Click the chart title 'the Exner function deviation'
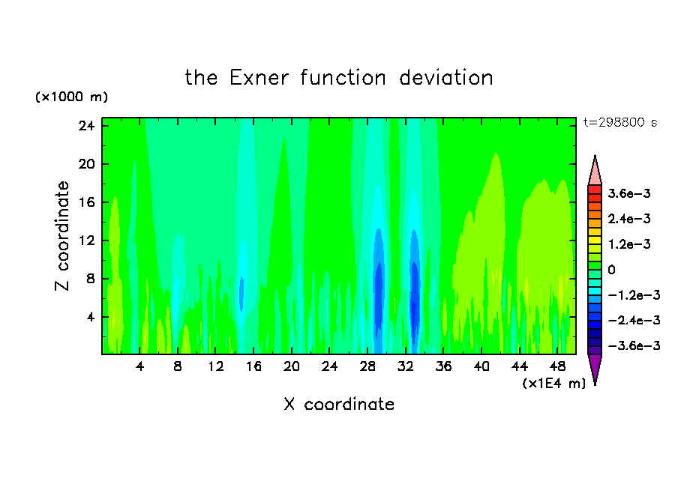click(339, 78)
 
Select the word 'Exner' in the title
click(259, 78)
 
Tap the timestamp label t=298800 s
click(620, 123)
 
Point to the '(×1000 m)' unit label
click(71, 97)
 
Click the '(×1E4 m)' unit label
click(554, 384)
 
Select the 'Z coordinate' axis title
click(62, 236)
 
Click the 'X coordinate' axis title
click(339, 405)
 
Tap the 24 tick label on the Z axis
click(86, 126)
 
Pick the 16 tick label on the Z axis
click(86, 202)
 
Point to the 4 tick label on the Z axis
click(90, 317)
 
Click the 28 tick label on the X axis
click(367, 366)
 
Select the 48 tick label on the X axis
click(558, 366)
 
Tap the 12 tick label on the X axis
click(216, 366)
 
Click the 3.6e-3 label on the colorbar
click(629, 193)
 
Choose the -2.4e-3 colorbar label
click(634, 321)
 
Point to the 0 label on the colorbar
click(611, 270)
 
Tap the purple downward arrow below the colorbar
click(595, 366)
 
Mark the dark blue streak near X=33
click(414, 298)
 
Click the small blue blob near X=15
click(241, 294)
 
